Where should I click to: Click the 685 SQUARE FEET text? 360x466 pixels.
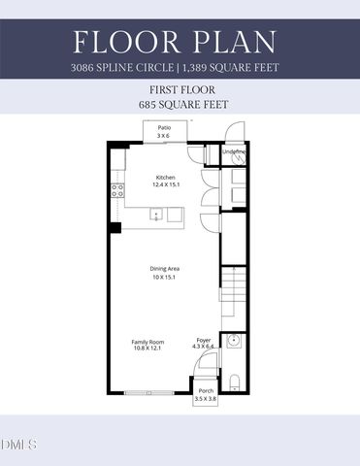pyautogui.click(x=180, y=102)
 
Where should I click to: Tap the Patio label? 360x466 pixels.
pyautogui.click(x=165, y=128)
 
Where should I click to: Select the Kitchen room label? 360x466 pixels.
pyautogui.click(x=166, y=177)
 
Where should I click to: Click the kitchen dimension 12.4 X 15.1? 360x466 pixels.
pyautogui.click(x=166, y=184)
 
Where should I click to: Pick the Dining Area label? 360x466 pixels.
pyautogui.click(x=165, y=269)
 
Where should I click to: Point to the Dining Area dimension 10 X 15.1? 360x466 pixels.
pyautogui.click(x=165, y=277)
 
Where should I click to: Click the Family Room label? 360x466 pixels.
pyautogui.click(x=148, y=341)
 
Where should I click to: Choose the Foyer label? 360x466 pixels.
pyautogui.click(x=203, y=340)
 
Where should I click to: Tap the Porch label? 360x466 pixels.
pyautogui.click(x=205, y=391)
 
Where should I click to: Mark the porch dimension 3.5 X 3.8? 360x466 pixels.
pyautogui.click(x=205, y=399)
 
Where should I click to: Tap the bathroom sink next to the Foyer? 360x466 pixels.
pyautogui.click(x=233, y=341)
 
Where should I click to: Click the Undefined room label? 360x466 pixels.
pyautogui.click(x=234, y=152)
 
